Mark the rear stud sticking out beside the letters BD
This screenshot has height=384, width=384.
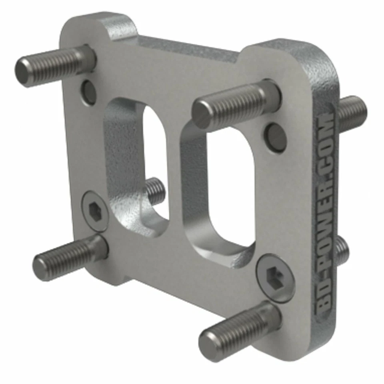(341, 250)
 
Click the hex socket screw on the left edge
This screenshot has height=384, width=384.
(94, 210)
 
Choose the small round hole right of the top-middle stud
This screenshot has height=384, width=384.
(276, 137)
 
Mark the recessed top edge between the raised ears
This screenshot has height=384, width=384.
(188, 46)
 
